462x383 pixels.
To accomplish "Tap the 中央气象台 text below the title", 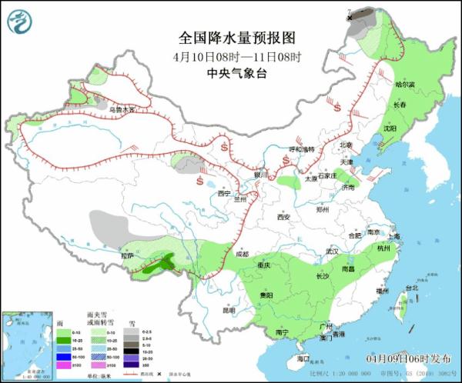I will click(236, 74).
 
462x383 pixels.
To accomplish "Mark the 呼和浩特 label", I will click(301, 148).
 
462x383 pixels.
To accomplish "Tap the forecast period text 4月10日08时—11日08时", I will click(236, 56).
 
